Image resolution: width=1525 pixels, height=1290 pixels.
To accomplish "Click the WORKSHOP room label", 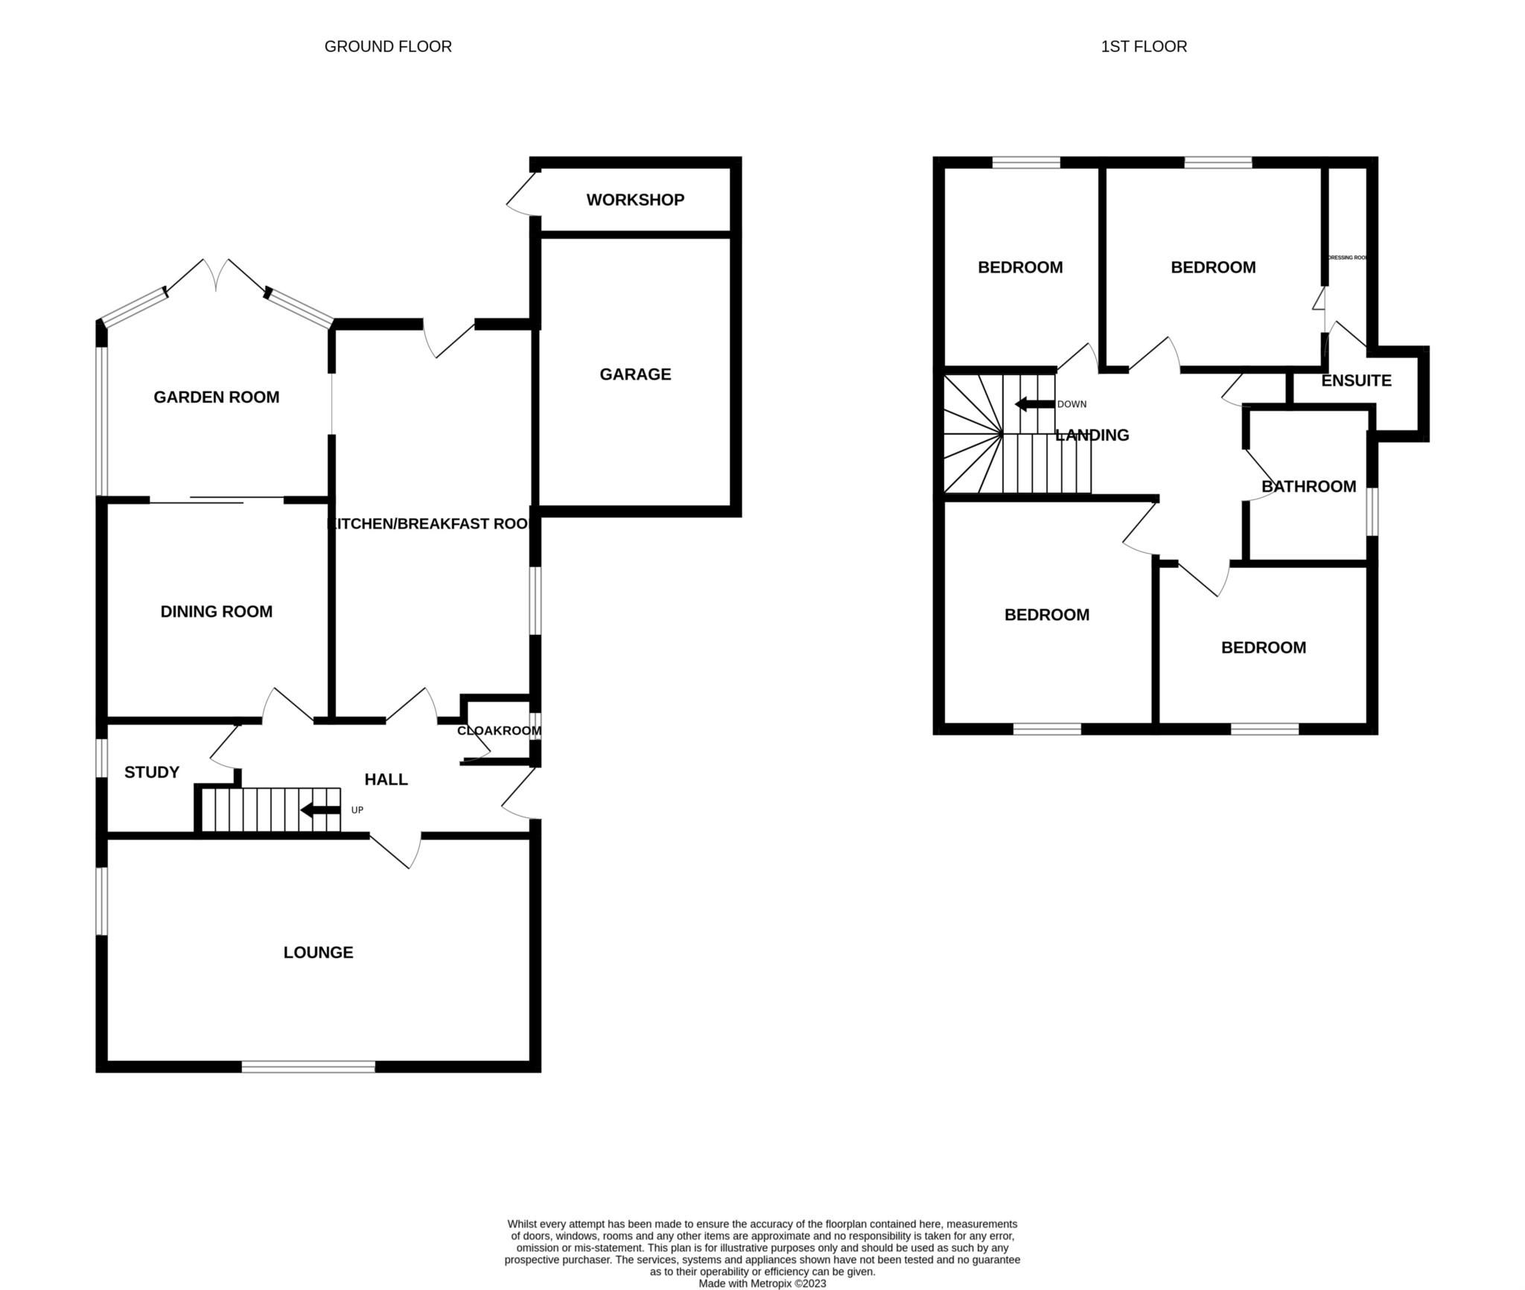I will click(634, 199).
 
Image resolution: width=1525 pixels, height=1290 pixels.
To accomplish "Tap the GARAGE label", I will click(634, 374).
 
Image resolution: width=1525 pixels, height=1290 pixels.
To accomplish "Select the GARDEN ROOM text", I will click(216, 397).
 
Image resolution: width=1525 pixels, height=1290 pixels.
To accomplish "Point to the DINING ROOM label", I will click(216, 611).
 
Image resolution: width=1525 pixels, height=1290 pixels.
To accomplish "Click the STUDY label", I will click(151, 772).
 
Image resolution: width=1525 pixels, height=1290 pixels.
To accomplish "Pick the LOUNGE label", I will click(318, 952).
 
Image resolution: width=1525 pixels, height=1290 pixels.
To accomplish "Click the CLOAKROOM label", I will click(499, 731).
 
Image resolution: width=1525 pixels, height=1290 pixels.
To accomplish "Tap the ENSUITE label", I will click(1356, 380).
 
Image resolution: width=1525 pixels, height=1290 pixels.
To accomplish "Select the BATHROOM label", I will click(1308, 486).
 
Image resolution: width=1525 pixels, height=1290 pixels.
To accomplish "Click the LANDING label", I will click(1092, 435).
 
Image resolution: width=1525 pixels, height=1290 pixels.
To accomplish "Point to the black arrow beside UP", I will click(320, 810).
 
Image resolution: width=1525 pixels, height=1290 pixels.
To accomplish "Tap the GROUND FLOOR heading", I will click(388, 46).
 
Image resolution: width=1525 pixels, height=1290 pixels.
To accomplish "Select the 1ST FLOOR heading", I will click(1144, 46).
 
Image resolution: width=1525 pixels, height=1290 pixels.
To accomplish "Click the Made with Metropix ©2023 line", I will click(762, 1283).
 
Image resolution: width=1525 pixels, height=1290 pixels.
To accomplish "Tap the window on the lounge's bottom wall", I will click(308, 1067).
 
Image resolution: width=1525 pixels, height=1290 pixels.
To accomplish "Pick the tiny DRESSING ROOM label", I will click(1348, 258).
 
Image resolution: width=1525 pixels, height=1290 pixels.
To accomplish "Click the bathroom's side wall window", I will click(1372, 511).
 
